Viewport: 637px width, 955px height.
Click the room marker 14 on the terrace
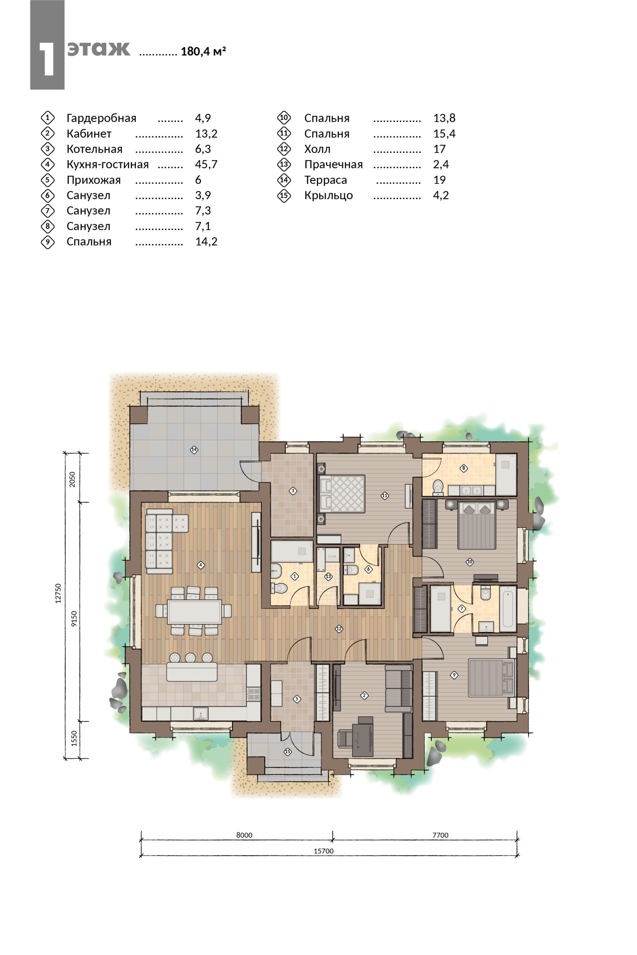[x=194, y=450]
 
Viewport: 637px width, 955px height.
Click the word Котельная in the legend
[x=94, y=149]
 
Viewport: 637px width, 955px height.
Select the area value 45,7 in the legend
[x=206, y=165]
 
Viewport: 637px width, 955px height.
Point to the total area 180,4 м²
[x=203, y=51]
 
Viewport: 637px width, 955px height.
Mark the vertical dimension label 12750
[x=58, y=593]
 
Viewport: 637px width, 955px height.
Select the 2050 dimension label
[x=72, y=479]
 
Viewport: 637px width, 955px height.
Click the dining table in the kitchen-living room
[x=195, y=611]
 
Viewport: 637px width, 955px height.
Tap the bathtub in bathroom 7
[x=508, y=609]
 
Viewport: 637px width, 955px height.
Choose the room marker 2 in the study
[x=364, y=695]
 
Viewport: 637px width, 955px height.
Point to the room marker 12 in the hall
[x=339, y=629]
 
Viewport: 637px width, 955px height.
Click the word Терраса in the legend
[x=326, y=180]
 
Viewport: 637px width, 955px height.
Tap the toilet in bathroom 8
[x=438, y=486]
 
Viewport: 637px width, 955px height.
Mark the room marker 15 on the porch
[x=288, y=751]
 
